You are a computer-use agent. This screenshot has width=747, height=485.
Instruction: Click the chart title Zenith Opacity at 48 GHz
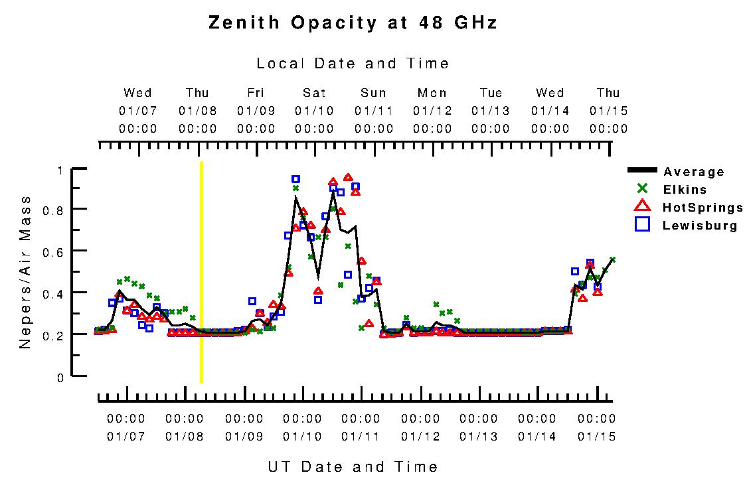(353, 23)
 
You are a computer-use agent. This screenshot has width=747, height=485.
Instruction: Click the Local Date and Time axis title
(353, 64)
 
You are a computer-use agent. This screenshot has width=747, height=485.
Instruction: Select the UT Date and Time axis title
(353, 466)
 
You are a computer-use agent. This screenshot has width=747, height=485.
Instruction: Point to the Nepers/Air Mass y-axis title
(25, 272)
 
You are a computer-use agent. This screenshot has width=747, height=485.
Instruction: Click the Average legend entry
(694, 172)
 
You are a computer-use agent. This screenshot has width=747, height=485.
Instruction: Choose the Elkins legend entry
(685, 190)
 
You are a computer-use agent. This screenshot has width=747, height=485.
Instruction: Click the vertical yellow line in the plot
(201, 272)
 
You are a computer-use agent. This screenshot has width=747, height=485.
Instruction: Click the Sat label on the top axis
(314, 93)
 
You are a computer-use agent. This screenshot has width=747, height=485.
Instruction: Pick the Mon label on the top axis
(432, 93)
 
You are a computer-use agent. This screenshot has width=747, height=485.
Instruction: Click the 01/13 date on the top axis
(491, 111)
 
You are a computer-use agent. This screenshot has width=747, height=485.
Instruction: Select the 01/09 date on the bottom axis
(244, 437)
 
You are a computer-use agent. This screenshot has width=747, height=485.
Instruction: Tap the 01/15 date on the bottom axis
(596, 437)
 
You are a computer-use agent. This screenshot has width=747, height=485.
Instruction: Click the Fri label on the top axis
(256, 93)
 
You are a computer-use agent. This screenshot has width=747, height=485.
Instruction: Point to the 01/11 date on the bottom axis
(361, 437)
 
